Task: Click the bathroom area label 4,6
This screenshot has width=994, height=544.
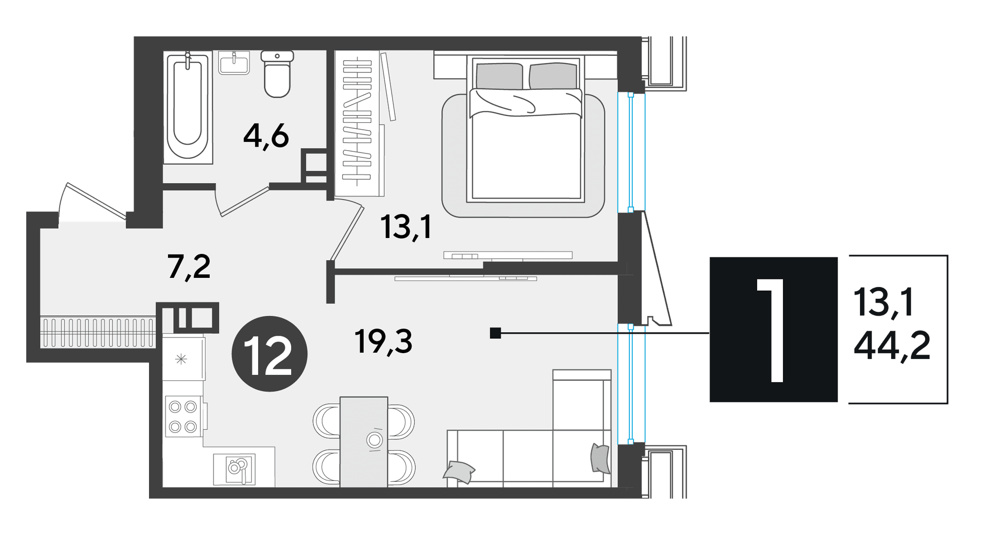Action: tap(266, 137)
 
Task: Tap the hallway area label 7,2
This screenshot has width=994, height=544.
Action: tap(189, 267)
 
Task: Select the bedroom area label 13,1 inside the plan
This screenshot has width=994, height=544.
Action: tap(406, 227)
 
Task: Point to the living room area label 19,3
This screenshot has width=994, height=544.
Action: tap(383, 341)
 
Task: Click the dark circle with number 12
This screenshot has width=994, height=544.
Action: tap(269, 354)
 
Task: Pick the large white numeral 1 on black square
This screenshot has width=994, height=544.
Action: tap(772, 330)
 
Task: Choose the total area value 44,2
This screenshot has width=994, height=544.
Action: tap(892, 345)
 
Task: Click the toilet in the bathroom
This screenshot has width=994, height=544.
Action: tap(277, 74)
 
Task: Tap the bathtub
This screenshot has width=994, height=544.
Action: tap(188, 107)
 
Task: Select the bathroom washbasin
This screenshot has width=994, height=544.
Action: tap(234, 63)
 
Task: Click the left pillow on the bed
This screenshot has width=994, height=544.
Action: tap(499, 76)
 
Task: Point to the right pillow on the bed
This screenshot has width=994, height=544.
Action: tap(553, 76)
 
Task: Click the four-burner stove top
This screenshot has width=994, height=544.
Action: tap(183, 416)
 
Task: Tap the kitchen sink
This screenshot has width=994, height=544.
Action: tap(234, 469)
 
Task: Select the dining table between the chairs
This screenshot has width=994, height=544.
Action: tap(364, 442)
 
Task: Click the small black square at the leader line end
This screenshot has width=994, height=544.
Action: tap(495, 333)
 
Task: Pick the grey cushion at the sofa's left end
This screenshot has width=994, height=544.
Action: tap(459, 472)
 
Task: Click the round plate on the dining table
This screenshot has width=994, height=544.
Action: tap(374, 441)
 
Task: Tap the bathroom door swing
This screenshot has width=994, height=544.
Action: tap(243, 200)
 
